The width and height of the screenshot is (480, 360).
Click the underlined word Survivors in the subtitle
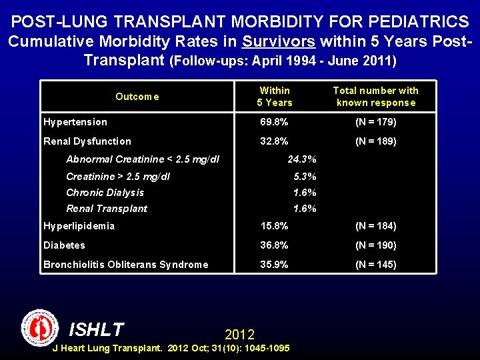click(279, 41)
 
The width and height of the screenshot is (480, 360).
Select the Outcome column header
click(137, 97)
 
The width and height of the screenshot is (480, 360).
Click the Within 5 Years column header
click(275, 97)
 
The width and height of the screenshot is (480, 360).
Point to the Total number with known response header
click(375, 97)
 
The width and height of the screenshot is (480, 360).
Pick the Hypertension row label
click(75, 122)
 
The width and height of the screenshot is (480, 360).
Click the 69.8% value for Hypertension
click(274, 122)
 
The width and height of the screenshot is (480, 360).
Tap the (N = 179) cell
click(375, 122)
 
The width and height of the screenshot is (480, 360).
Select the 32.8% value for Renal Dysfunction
click(274, 141)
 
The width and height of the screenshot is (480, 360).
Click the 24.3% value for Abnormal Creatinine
click(301, 159)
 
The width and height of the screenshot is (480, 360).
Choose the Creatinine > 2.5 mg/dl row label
click(118, 177)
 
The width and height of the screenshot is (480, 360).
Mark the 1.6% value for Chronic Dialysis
click(305, 193)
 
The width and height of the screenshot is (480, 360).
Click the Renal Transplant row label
click(107, 209)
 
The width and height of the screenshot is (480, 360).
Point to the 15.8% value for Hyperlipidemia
click(274, 226)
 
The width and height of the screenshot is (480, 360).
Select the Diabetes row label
click(65, 245)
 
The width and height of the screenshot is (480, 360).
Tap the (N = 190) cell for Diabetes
click(375, 245)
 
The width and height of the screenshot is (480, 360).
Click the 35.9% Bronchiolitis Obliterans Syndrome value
click(274, 265)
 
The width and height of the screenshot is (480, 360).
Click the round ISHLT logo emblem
click(40, 327)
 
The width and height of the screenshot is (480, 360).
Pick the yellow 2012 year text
click(239, 334)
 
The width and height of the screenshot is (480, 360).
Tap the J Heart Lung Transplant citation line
click(171, 348)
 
